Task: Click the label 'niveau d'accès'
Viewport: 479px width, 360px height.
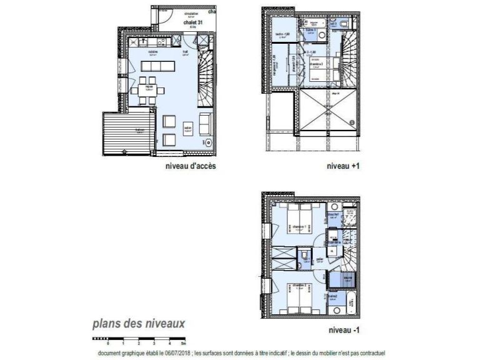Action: click(190, 166)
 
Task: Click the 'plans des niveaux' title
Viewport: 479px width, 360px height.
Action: click(139, 324)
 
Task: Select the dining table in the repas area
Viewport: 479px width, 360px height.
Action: click(149, 87)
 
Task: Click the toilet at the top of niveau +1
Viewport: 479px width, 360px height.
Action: click(345, 24)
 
